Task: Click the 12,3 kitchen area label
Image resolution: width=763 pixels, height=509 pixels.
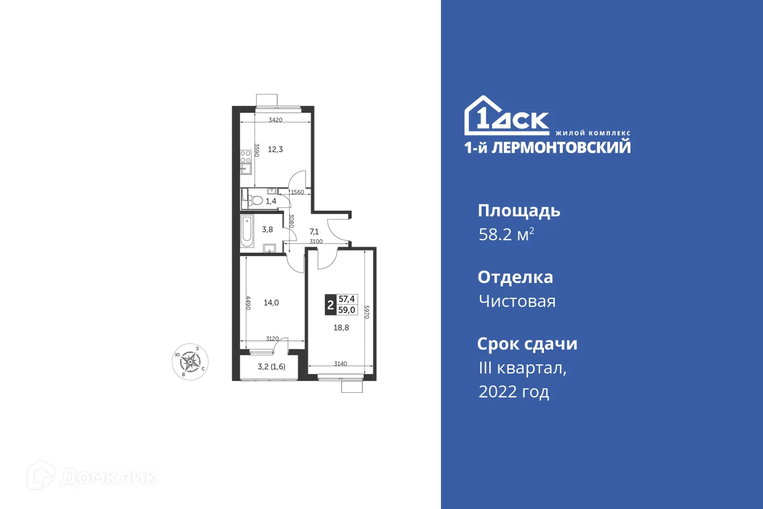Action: pos(275,150)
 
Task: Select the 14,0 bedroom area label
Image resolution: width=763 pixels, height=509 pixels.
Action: pos(271,303)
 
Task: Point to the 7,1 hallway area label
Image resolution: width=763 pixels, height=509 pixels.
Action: pos(314,232)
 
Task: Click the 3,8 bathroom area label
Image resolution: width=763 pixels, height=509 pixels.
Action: pos(267,230)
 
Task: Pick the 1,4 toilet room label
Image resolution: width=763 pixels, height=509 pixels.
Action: pos(271,200)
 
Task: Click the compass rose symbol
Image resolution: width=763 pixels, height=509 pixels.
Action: pos(191,361)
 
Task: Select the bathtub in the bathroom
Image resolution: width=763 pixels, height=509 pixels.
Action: pos(246,231)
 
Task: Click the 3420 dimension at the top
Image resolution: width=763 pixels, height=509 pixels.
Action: pos(275,120)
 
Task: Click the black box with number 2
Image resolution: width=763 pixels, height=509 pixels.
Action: pos(330,305)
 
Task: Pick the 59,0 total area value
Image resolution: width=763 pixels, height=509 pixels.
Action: pos(347,310)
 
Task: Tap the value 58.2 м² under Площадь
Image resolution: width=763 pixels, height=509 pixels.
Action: pos(506,235)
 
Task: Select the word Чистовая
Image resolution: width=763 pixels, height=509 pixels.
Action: pos(517,301)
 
